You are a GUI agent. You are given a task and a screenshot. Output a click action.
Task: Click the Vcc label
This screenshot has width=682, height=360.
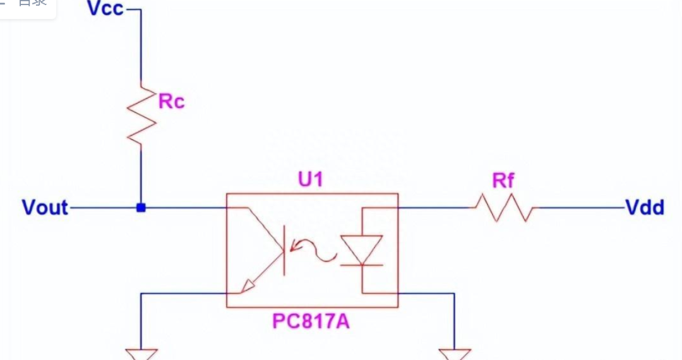point(105,9)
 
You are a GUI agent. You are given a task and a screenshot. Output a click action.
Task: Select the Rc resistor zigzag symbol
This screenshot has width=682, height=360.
point(141,117)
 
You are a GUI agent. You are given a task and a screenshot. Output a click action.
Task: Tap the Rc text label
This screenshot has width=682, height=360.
point(171,101)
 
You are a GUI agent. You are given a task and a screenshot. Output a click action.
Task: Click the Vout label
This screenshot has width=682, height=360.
point(45,207)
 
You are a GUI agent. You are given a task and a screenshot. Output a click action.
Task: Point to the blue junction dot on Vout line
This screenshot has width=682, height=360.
point(141,207)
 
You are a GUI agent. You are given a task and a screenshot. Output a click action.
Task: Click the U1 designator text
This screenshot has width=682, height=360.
point(310,180)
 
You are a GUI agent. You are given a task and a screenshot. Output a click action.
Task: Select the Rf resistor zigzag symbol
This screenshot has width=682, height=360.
point(504,207)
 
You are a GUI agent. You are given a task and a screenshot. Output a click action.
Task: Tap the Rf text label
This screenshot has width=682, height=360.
point(503,182)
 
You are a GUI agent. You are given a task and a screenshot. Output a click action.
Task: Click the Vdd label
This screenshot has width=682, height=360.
point(644,207)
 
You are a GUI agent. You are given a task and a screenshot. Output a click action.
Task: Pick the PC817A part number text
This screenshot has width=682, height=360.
point(311,321)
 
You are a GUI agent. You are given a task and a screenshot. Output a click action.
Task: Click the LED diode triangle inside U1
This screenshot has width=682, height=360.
point(361,249)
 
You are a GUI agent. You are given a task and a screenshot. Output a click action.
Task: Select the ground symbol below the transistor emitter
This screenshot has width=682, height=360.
point(141,354)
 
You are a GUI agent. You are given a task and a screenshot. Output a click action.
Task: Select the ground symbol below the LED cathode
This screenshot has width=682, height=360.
point(455,354)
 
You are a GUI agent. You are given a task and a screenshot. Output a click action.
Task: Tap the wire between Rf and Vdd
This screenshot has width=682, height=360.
point(578,207)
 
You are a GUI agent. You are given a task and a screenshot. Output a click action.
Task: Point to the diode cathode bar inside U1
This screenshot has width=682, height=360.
point(361,265)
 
